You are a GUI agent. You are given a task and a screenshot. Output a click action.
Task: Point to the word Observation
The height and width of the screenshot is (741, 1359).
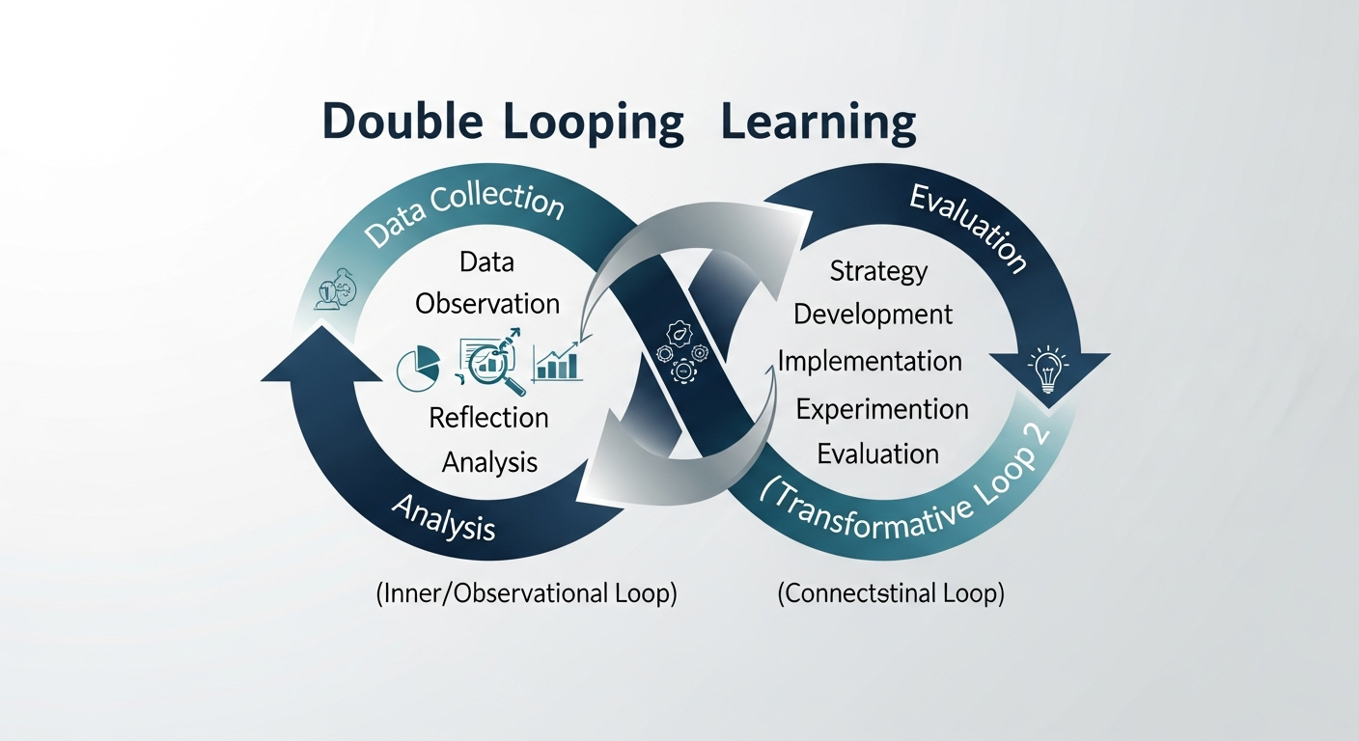487,303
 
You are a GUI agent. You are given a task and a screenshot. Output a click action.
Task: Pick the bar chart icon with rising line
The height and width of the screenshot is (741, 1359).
557,364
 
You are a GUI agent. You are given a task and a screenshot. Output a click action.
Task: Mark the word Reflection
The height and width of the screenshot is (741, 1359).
488,418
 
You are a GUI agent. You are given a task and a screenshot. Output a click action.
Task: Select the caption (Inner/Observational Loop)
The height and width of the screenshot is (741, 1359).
526,594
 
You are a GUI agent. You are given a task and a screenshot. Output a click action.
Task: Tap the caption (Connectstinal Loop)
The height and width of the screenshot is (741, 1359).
891,594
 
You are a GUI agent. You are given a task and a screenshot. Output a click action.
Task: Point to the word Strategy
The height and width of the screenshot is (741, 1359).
878,271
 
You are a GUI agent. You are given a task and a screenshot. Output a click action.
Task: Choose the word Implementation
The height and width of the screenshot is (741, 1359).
870,362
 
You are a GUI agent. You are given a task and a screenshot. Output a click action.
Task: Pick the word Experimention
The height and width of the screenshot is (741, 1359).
881,409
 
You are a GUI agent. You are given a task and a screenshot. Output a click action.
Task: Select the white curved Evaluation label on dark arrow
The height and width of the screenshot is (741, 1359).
967,228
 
